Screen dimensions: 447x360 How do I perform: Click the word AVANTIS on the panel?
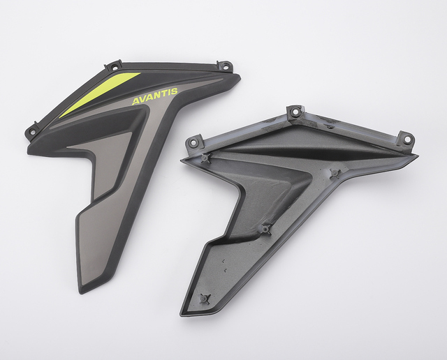pyautogui.click(x=155, y=96)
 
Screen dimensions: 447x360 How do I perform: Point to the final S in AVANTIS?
pyautogui.click(x=174, y=91)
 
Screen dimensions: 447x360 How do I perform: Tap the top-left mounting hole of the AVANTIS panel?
pyautogui.click(x=115, y=68)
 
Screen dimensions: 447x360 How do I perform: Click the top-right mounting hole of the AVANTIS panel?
pyautogui.click(x=226, y=65)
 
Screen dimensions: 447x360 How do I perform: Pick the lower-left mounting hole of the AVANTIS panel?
pyautogui.click(x=32, y=132)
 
